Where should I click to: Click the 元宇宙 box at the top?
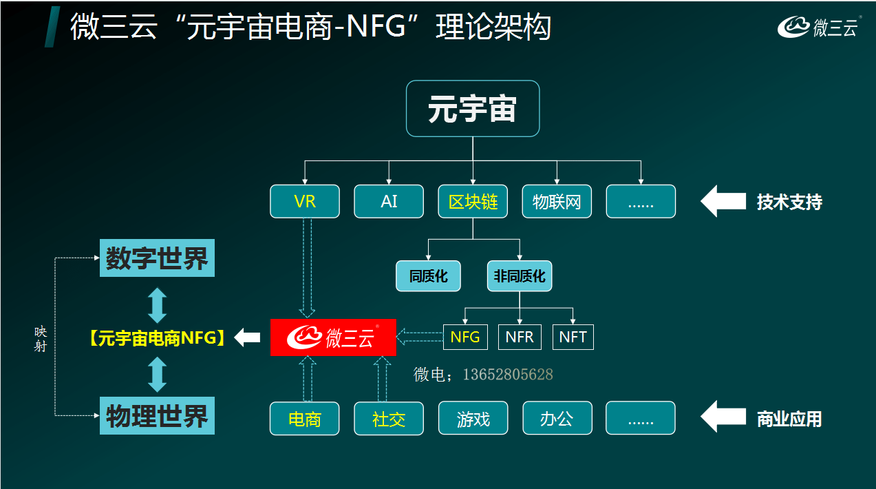pos(472,109)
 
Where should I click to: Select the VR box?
pos(305,202)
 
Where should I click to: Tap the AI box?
pos(389,202)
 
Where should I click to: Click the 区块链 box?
pos(473,202)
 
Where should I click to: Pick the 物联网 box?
pos(557,202)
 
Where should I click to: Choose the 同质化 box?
pos(428,276)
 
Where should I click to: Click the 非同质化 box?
pos(520,276)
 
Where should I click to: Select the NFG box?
pos(465,337)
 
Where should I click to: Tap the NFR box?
pos(520,337)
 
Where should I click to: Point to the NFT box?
pos(573,337)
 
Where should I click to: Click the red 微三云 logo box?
pos(333,337)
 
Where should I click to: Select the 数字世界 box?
pos(157,258)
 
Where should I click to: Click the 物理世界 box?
pos(157,415)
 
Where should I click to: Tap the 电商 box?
pos(305,419)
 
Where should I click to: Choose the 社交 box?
pos(389,419)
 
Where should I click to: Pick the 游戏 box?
pos(473,419)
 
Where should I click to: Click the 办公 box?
pos(557,419)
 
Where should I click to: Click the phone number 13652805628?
pos(508,375)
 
